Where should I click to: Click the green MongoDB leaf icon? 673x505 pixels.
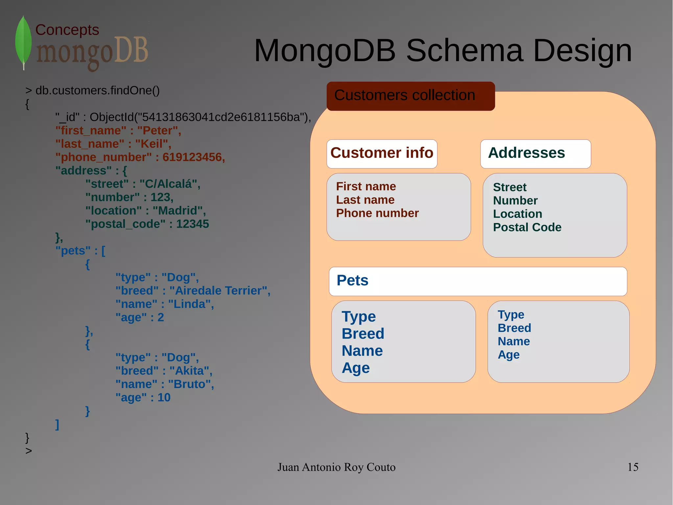coord(23,42)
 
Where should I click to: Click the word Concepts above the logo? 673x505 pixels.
coord(67,30)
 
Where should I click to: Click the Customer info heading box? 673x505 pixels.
coord(382,153)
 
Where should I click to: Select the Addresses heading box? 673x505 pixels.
coord(535,153)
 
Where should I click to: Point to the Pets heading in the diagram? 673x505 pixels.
coord(353,281)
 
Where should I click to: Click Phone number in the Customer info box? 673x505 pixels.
coord(377,213)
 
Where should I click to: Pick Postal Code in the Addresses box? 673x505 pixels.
coord(527,227)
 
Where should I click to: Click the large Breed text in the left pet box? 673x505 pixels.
coord(363,334)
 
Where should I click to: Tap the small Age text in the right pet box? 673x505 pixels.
coord(508,355)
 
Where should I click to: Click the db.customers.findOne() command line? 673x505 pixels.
coord(97,90)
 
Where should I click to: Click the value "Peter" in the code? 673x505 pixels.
coord(159,131)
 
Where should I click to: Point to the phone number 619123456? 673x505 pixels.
coord(193,157)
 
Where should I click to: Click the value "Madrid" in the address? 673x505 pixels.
coord(179,211)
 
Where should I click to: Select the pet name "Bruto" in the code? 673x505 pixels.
coord(191,384)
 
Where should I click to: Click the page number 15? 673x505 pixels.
coord(633,467)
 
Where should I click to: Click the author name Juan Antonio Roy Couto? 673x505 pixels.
coord(336,467)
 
